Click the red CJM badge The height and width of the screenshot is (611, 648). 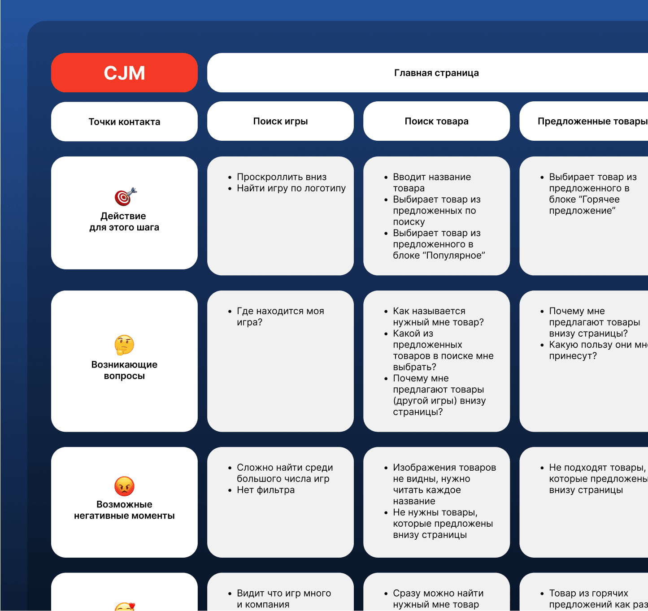(124, 73)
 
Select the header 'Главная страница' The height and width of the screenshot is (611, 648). (436, 73)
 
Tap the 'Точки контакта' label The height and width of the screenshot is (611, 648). (124, 122)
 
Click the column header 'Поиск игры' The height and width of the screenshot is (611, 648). (280, 121)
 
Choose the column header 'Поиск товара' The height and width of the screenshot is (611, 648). (436, 121)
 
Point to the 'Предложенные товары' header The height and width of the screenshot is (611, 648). (592, 121)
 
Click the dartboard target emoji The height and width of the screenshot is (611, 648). (125, 197)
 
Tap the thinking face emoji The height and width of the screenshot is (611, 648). (124, 345)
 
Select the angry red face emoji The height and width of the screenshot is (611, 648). (124, 486)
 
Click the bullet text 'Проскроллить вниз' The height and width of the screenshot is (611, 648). (282, 177)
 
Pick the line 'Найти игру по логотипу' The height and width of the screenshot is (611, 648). (291, 188)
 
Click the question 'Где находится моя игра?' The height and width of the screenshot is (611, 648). (280, 316)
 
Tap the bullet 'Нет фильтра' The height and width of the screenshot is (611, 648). (265, 490)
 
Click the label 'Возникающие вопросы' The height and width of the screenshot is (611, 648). (124, 370)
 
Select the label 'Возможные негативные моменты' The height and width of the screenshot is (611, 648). (124, 510)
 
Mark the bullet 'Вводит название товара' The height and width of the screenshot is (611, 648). (431, 182)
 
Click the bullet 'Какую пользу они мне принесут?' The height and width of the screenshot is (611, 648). (596, 350)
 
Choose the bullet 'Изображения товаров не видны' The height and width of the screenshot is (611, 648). (444, 473)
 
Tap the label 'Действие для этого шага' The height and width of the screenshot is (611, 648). (124, 222)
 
